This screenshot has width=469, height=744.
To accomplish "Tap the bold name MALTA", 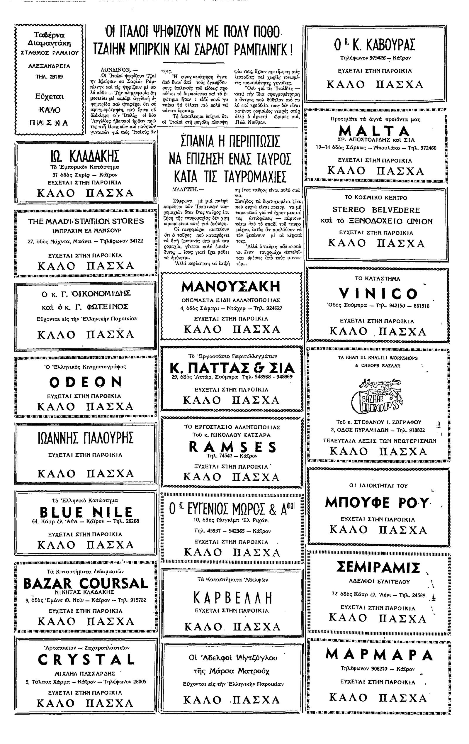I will (x=374, y=131).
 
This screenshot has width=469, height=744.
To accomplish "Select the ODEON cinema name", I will (x=85, y=382).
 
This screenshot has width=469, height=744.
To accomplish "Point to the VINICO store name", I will (x=378, y=293).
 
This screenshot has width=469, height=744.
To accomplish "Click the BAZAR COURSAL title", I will (x=86, y=584).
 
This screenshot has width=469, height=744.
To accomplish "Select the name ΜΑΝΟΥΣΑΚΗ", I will (x=231, y=287).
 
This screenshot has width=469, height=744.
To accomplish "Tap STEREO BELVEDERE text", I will (x=376, y=210).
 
